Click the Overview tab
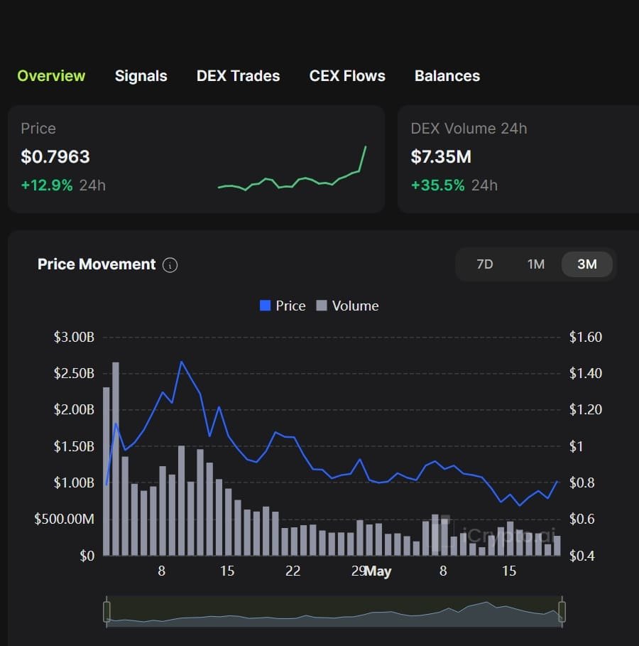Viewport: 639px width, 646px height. (x=51, y=76)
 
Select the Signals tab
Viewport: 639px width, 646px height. (x=141, y=76)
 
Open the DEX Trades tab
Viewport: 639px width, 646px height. (x=238, y=76)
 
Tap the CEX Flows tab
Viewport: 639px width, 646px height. (x=347, y=76)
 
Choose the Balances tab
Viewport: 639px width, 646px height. (x=447, y=76)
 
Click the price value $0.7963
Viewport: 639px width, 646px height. (x=55, y=156)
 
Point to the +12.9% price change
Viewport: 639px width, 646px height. (x=47, y=185)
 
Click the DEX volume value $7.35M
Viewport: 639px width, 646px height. (x=441, y=156)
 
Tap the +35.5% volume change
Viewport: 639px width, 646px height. (x=437, y=185)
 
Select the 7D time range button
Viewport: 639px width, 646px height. (x=484, y=264)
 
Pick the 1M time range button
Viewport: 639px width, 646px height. (x=535, y=264)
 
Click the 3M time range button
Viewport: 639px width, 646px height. (x=587, y=264)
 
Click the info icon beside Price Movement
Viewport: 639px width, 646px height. (x=170, y=265)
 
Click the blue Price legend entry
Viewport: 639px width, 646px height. (x=283, y=306)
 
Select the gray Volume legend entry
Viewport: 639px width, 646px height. (x=347, y=306)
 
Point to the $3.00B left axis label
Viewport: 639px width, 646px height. (x=74, y=337)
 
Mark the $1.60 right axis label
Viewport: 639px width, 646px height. (x=585, y=337)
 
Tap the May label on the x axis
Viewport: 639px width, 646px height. (x=378, y=571)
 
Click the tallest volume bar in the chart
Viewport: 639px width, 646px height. (x=116, y=458)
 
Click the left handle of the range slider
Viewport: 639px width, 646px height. (x=107, y=611)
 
